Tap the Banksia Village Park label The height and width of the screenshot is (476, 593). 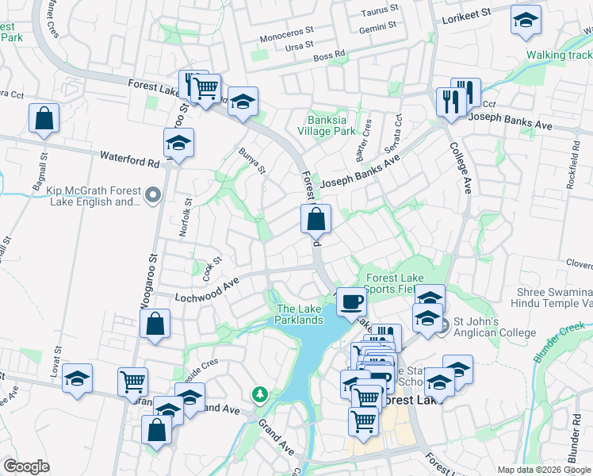click(327, 126)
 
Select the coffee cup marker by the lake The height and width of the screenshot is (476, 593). click(350, 301)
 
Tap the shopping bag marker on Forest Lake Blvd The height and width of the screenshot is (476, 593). click(316, 219)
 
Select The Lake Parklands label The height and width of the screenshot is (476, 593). click(299, 314)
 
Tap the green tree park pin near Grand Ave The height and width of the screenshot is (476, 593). click(259, 393)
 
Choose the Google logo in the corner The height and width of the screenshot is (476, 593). click(26, 466)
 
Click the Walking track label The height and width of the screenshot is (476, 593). click(559, 55)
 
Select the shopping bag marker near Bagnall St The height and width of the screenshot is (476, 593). click(44, 118)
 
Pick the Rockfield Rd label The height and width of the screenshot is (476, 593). click(573, 170)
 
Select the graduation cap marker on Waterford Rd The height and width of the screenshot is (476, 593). click(178, 145)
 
